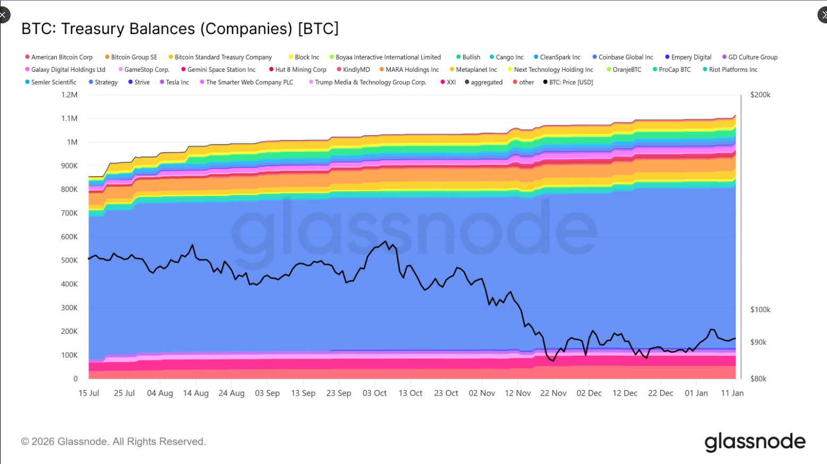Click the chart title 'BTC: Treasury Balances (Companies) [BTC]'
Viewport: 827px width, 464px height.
pyautogui.click(x=180, y=29)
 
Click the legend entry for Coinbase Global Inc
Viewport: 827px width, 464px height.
pyautogui.click(x=625, y=57)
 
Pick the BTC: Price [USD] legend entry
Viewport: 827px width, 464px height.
pyautogui.click(x=570, y=82)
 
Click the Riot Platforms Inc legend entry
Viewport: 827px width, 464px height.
pyautogui.click(x=732, y=70)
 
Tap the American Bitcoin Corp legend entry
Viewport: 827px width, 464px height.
pyautogui.click(x=61, y=57)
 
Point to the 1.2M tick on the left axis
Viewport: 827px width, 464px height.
pyautogui.click(x=69, y=95)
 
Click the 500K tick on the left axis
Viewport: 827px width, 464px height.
pyautogui.click(x=69, y=261)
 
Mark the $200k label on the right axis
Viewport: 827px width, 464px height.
pyautogui.click(x=760, y=95)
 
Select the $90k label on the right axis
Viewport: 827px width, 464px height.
pyautogui.click(x=758, y=342)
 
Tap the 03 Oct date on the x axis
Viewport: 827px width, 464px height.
pyautogui.click(x=374, y=393)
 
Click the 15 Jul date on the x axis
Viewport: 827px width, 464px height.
pyautogui.click(x=89, y=393)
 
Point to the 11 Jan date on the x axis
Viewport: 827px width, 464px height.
pyautogui.click(x=732, y=393)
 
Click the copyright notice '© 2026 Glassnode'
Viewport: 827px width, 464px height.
pyautogui.click(x=113, y=442)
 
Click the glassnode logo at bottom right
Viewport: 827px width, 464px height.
pyautogui.click(x=755, y=442)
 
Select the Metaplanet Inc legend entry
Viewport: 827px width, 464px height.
pyautogui.click(x=476, y=70)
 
